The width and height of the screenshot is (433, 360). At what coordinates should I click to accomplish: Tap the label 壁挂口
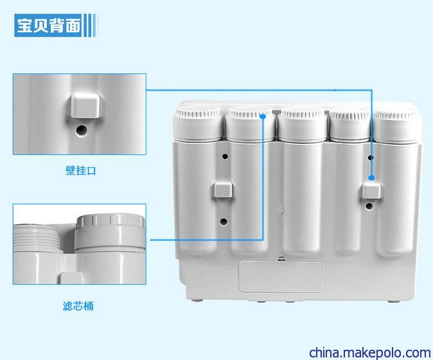81,170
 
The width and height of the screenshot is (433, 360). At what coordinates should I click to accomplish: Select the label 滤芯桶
78,306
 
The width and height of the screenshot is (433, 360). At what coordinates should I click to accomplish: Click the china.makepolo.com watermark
370,352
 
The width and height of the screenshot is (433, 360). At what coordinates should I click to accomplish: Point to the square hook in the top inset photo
85,105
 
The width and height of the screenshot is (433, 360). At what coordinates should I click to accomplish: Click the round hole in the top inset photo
82,130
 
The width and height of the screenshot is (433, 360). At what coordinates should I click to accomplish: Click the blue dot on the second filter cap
263,116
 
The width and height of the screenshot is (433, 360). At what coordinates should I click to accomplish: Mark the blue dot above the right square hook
371,177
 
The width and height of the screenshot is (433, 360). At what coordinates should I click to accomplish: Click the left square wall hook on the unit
222,190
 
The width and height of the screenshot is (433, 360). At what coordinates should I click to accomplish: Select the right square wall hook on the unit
371,191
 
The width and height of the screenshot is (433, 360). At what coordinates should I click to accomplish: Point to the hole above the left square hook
225,156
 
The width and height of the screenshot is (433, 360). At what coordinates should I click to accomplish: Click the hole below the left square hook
224,221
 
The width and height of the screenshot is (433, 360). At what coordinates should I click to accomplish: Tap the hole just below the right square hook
369,206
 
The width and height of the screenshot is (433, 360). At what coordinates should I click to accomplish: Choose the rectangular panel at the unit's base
281,276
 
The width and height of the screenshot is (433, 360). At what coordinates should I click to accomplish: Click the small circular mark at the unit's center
280,209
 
